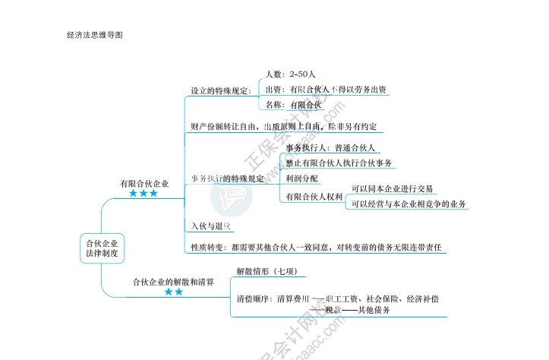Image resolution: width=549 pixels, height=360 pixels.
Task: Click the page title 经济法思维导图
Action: (94, 35)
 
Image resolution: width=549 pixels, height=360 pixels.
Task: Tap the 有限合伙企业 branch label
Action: (144, 184)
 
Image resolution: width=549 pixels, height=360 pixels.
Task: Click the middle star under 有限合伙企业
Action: (144, 194)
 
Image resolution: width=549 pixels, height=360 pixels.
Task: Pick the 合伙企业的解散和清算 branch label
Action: (173, 282)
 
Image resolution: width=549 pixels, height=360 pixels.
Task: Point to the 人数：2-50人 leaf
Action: (291, 74)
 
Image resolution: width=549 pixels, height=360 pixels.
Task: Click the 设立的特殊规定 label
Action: (220, 91)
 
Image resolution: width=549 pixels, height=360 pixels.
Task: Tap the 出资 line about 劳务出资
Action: (327, 89)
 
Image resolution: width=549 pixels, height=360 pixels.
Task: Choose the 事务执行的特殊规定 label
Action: (228, 178)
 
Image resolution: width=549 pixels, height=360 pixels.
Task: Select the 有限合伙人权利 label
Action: (314, 197)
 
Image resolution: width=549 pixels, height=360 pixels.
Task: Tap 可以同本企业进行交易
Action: (392, 188)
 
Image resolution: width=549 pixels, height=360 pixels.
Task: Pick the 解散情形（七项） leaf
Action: (271, 270)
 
